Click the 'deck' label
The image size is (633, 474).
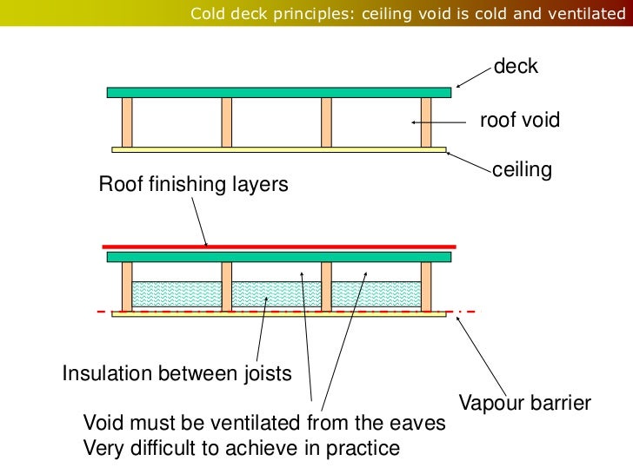pos(516,67)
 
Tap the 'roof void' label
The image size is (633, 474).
pos(520,121)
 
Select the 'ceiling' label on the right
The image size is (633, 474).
pos(522,170)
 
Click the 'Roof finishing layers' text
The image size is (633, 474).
pos(193,185)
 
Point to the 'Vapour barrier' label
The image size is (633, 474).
pos(525,403)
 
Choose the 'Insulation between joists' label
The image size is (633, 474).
pos(177,374)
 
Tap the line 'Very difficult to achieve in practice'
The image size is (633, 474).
pos(241,448)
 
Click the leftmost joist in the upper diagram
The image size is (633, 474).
pos(127,122)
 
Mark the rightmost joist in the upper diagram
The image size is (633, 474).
pos(426,122)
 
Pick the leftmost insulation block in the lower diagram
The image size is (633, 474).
pos(177,295)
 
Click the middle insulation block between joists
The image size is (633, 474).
pos(276,295)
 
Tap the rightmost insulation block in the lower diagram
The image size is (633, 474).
pos(376,295)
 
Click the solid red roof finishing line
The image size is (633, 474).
pos(278,247)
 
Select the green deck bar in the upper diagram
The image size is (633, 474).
pos(278,92)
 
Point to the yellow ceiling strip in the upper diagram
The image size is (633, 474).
pos(278,149)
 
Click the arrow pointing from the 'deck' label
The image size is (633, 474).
pos(473,76)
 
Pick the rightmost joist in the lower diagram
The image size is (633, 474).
pos(426,286)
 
